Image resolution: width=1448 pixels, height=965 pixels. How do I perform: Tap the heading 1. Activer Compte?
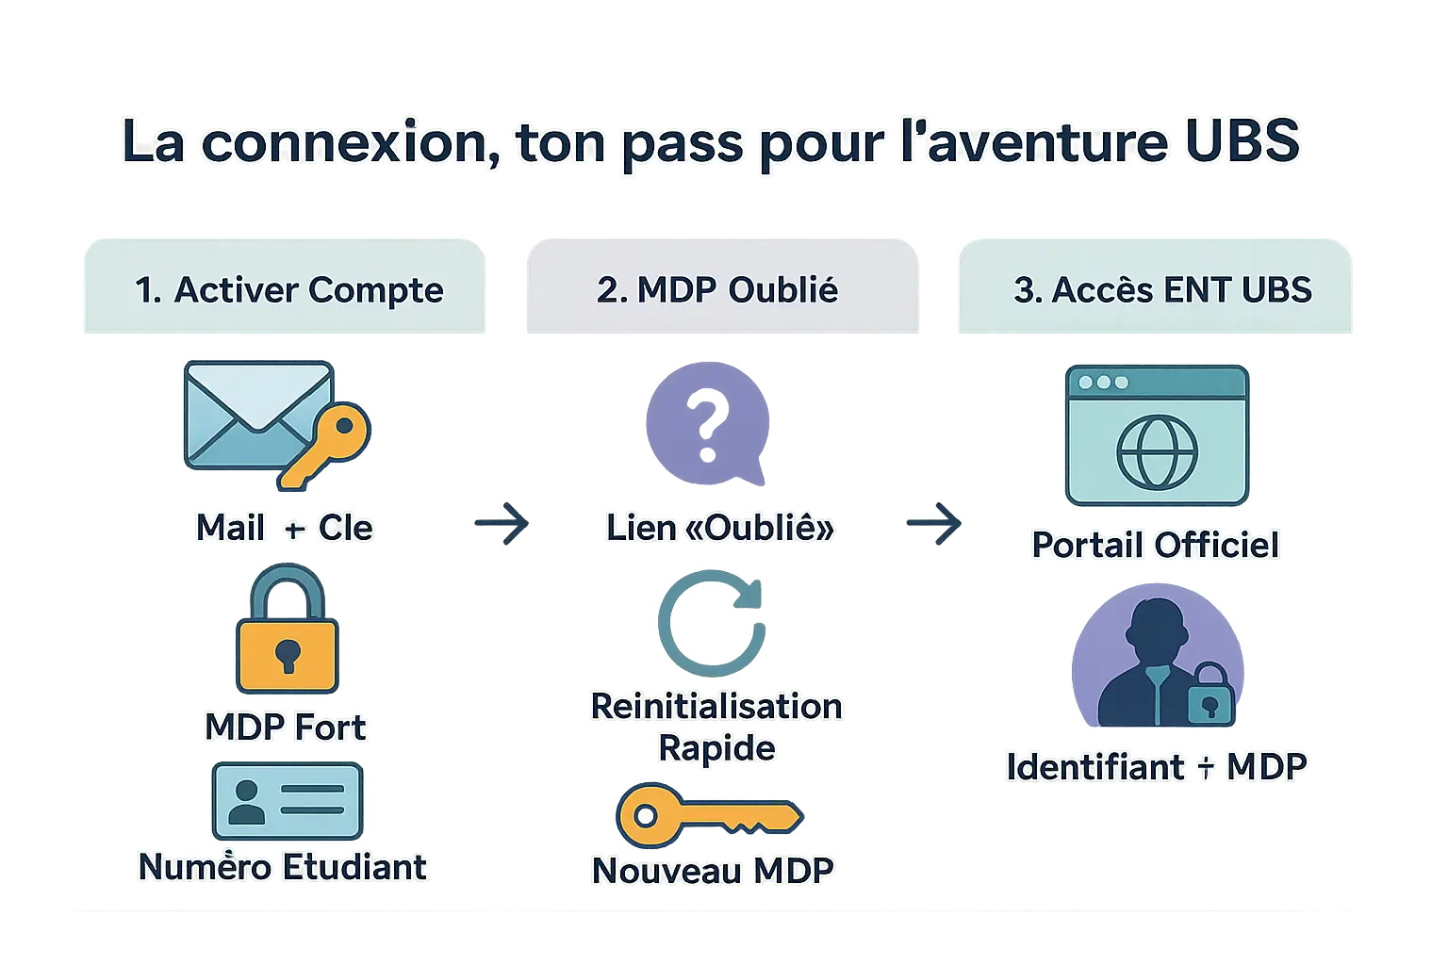[x=288, y=289]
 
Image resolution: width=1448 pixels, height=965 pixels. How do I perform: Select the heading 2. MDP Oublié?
[x=717, y=289]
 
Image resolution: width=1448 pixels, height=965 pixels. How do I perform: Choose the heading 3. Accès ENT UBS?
[x=1162, y=289]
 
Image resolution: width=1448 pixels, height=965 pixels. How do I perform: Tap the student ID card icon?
[x=287, y=801]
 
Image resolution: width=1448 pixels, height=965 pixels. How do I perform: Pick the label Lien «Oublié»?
[x=719, y=528]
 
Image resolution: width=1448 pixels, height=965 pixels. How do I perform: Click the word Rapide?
[x=716, y=748]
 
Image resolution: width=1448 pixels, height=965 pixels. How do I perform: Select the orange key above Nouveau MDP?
[x=707, y=816]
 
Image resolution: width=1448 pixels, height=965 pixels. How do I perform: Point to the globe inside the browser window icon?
[x=1157, y=452]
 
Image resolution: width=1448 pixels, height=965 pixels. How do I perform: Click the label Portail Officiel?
[x=1155, y=545]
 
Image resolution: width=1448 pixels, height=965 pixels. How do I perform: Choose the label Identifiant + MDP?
[x=1156, y=767]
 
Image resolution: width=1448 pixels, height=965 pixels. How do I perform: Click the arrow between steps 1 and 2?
[x=502, y=522]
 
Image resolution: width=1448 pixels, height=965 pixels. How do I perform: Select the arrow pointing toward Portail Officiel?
[x=934, y=522]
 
